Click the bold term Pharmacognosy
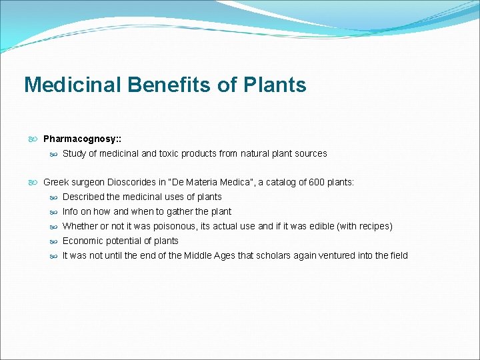[x=81, y=139]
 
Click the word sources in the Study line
[x=310, y=153]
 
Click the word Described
[x=83, y=197]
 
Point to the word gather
[x=175, y=211]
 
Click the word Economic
[x=83, y=241]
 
